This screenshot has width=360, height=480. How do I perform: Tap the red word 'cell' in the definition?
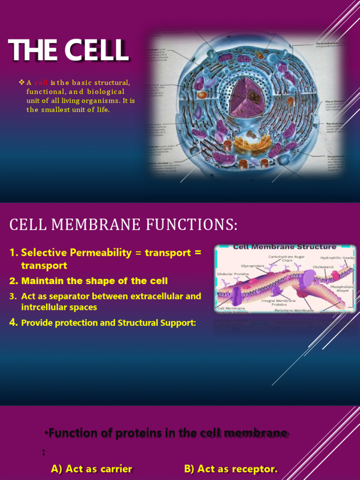(41, 83)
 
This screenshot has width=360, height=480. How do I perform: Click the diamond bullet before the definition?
(21, 82)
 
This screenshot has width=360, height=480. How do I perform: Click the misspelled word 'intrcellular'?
(45, 307)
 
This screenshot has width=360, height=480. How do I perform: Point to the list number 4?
(14, 323)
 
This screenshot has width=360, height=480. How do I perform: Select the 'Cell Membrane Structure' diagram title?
(285, 247)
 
